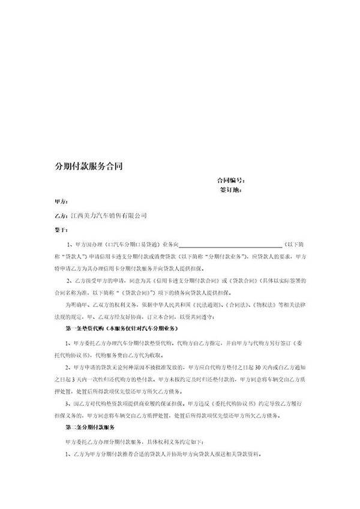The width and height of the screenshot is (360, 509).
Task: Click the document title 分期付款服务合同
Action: coord(89,166)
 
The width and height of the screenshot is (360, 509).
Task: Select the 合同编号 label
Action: coord(230,180)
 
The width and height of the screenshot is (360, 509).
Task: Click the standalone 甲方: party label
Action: coord(61,202)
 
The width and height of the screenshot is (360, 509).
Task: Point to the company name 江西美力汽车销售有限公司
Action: coord(109,215)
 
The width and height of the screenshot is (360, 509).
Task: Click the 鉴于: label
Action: coord(61,229)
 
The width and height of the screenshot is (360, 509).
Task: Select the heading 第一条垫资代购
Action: coord(83,330)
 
